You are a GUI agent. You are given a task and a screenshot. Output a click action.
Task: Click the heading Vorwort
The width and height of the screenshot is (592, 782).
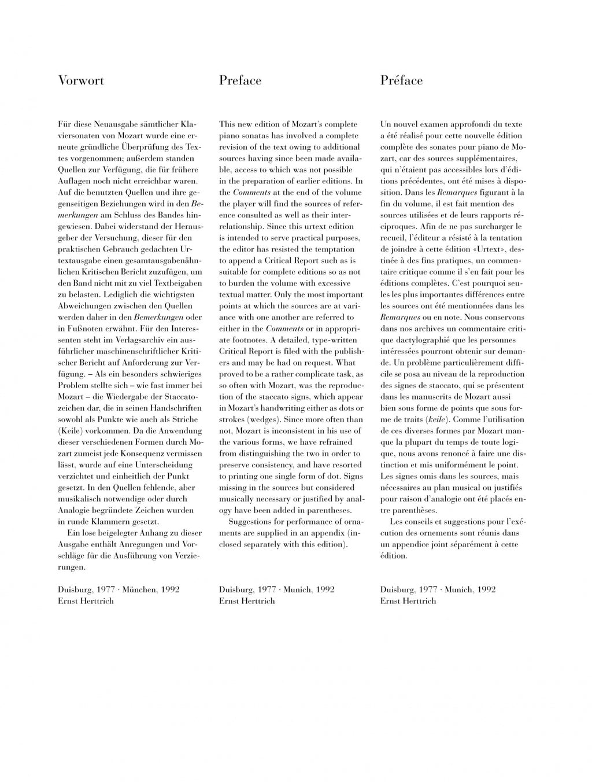(81, 80)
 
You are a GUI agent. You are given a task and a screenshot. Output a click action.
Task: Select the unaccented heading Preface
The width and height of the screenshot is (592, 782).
(240, 80)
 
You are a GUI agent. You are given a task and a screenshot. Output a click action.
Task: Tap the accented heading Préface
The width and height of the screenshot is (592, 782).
(401, 80)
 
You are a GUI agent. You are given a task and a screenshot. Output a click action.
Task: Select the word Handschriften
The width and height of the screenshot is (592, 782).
(171, 408)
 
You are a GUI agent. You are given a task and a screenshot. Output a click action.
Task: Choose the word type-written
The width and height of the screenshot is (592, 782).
(332, 340)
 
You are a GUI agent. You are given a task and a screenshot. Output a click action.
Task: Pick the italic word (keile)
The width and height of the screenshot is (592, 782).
(436, 419)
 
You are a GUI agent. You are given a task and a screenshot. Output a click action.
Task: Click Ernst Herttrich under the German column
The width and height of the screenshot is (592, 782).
(86, 601)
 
